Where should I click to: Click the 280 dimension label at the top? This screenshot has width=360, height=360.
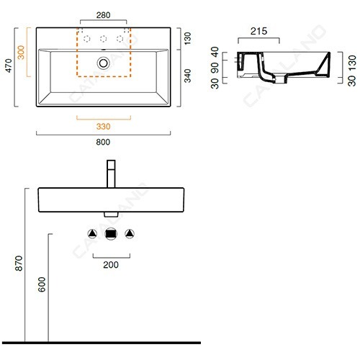[x=103, y=15]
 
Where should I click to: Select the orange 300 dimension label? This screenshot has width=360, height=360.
[x=21, y=53]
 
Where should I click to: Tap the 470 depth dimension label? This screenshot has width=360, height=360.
[x=9, y=66]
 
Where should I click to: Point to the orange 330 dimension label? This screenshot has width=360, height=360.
[x=103, y=127]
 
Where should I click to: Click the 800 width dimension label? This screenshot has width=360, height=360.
[x=103, y=142]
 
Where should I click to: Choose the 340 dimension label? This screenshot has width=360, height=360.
[x=187, y=76]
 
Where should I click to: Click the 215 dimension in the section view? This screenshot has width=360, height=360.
[x=258, y=31]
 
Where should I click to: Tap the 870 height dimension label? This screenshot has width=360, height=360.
[x=19, y=264]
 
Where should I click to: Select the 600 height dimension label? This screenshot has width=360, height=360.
[x=42, y=284]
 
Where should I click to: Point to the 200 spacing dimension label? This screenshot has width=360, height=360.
[x=111, y=265]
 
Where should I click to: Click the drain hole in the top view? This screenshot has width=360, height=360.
[x=104, y=63]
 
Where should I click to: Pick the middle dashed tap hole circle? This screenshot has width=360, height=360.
[x=104, y=39]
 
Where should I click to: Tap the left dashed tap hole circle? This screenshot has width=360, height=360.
[x=87, y=39]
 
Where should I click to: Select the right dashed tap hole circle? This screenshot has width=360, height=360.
[x=120, y=39]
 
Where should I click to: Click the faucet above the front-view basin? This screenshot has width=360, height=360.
[x=111, y=174]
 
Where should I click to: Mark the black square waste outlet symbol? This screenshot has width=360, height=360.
[x=111, y=234]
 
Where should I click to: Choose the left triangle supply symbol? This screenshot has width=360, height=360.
[x=92, y=234]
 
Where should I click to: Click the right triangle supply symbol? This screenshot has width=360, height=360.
[x=130, y=234]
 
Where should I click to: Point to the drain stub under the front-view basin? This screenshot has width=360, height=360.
[x=111, y=215]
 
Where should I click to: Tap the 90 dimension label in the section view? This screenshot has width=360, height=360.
[x=215, y=68]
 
